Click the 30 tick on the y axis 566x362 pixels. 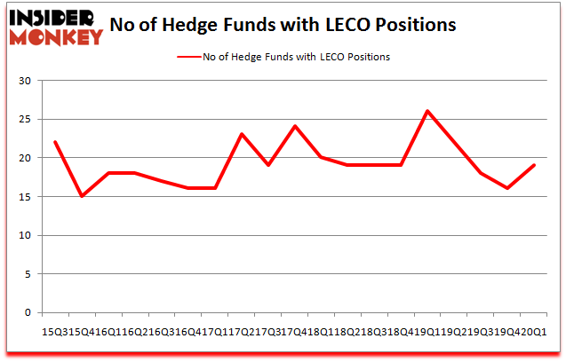pos(27,81)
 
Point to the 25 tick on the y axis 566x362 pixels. pos(27,119)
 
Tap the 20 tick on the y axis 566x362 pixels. pos(27,158)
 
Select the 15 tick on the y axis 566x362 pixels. pos(27,197)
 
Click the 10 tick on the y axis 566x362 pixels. pos(27,235)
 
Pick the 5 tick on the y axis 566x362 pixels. pos(29,274)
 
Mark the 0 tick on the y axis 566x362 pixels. pos(29,313)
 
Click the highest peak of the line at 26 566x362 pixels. pos(426,111)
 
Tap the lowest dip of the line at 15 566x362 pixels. pos(82,196)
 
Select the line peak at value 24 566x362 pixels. pos(294,126)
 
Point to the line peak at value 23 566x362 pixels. pos(241,134)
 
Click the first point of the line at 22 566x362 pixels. pos(55,142)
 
